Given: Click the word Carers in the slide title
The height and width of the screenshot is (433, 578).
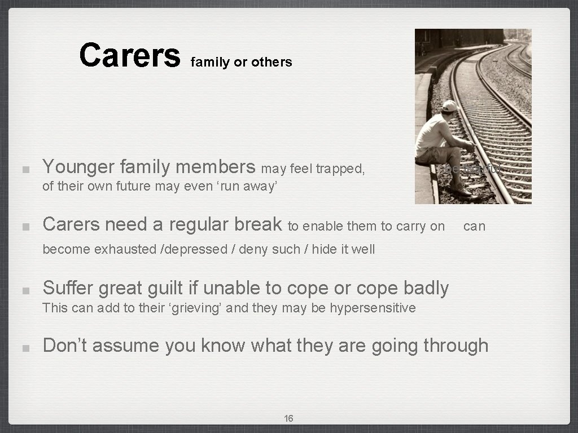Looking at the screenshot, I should pyautogui.click(x=129, y=55).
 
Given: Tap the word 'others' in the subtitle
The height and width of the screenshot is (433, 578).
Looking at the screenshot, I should pyautogui.click(x=272, y=63).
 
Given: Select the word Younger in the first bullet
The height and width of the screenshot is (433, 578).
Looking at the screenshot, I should pyautogui.click(x=78, y=167).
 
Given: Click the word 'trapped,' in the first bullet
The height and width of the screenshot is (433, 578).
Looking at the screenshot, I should pyautogui.click(x=341, y=169).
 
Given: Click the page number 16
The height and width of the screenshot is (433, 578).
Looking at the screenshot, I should pyautogui.click(x=288, y=418).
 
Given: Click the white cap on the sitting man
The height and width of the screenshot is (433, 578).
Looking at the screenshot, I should pyautogui.click(x=449, y=105).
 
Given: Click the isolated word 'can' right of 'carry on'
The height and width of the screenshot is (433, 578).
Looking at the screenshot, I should pyautogui.click(x=474, y=227).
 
